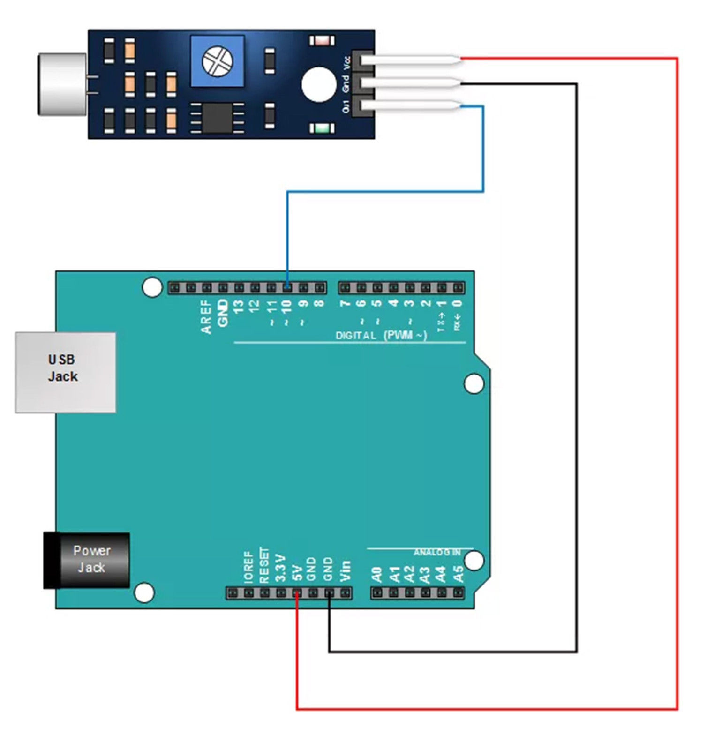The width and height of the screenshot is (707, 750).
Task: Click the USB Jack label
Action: pos(63,368)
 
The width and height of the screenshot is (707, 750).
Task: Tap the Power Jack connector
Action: pos(87,560)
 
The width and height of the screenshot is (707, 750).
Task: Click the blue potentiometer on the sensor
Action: pos(218,61)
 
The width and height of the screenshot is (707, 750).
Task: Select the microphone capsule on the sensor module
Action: pos(62,84)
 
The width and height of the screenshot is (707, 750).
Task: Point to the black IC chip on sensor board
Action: pos(217,118)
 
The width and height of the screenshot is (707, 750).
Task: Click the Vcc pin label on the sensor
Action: pos(347,63)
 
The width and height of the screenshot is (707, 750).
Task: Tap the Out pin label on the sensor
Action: pos(346,106)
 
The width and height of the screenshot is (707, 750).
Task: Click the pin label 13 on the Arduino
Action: pos(239,307)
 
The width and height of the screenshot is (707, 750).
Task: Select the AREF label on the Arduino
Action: pos(206,317)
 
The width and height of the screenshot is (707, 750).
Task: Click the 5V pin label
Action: pos(297,572)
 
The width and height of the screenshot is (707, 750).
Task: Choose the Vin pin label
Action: pos(345,570)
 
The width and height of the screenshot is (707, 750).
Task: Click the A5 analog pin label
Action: pos(458,574)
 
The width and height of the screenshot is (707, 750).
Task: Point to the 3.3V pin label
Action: pos(280,568)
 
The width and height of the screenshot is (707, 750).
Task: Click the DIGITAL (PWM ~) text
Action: pos(381,335)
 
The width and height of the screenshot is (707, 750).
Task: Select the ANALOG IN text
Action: pos(436,553)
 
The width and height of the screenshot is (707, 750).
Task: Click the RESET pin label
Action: pos(264,565)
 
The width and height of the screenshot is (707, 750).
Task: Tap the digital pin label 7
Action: pos(345,304)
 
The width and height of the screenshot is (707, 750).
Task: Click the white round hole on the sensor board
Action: pos(319,84)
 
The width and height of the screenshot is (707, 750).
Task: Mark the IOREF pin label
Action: pos(248,567)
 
